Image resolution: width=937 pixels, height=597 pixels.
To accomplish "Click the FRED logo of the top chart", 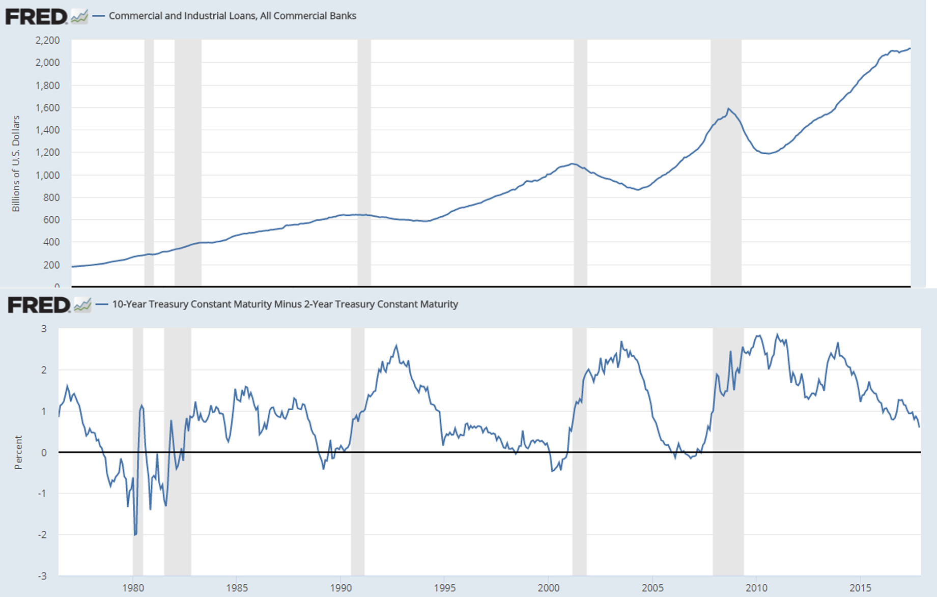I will pos(36,16).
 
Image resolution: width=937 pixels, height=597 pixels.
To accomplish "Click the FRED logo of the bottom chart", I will pos(39,305).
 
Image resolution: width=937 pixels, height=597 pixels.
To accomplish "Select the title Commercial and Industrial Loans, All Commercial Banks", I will pos(232,16).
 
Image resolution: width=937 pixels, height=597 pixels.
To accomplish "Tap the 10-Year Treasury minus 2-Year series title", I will pos(285,304).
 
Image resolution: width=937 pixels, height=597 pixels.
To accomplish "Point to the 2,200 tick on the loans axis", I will pos(47,40).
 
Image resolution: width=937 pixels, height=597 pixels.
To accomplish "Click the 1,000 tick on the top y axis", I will pos(47,175).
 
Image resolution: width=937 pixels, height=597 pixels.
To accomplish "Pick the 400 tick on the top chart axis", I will pos(51,242).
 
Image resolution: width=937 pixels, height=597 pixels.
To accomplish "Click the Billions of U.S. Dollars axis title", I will pos(16,163).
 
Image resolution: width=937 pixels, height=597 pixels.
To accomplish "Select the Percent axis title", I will pos(18,452).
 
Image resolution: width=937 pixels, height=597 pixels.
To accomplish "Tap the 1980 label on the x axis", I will pos(133,588).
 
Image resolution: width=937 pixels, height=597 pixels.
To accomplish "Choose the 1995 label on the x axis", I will pos(445,588).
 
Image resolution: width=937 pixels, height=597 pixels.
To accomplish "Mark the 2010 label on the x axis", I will pos(756,588).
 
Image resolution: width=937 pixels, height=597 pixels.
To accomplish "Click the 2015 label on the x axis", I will pos(860,588).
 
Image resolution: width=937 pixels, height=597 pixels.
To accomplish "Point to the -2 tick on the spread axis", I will pos(44,534).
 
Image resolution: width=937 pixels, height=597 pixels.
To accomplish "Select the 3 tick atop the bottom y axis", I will pos(44,329).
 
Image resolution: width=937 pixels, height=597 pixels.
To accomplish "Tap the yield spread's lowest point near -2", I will pos(135,534).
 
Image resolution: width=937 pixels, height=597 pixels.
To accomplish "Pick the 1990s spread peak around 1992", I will pos(396,346).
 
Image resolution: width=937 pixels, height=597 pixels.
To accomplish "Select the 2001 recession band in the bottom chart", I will pos(579,509).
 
